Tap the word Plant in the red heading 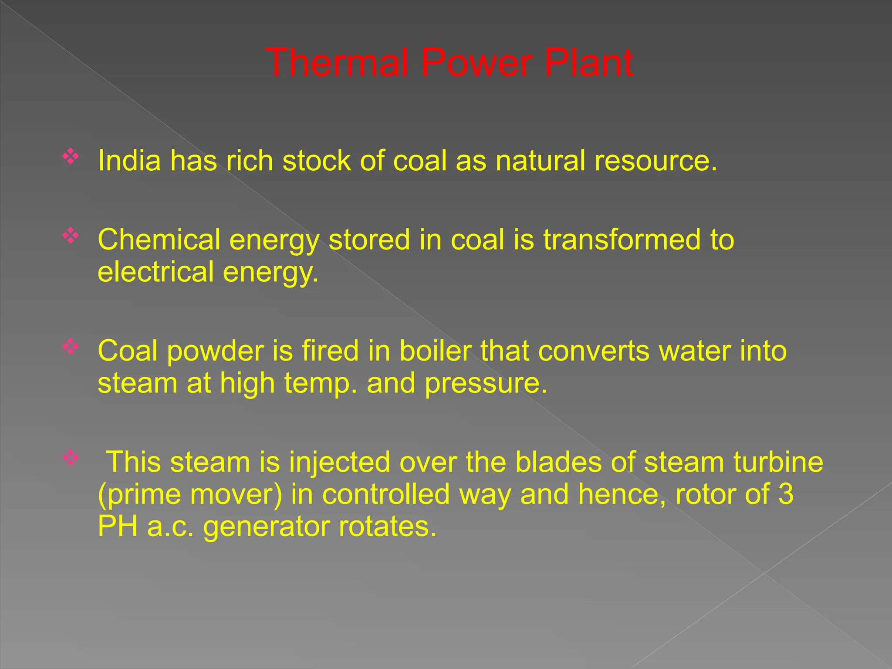click(588, 63)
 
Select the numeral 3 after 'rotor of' click(785, 494)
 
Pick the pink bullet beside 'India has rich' click(70, 156)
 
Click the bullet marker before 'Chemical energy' click(70, 236)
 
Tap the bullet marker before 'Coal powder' click(70, 347)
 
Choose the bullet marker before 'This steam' click(70, 458)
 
